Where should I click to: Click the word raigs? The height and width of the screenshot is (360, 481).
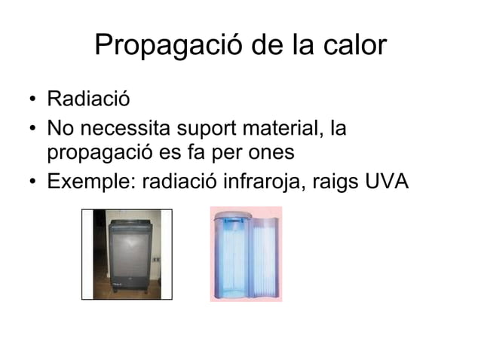click(330, 182)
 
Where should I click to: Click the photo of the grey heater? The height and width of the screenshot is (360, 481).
click(127, 255)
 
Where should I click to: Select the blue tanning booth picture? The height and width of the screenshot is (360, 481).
click(245, 255)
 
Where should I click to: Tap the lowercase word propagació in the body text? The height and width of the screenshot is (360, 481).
click(101, 153)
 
